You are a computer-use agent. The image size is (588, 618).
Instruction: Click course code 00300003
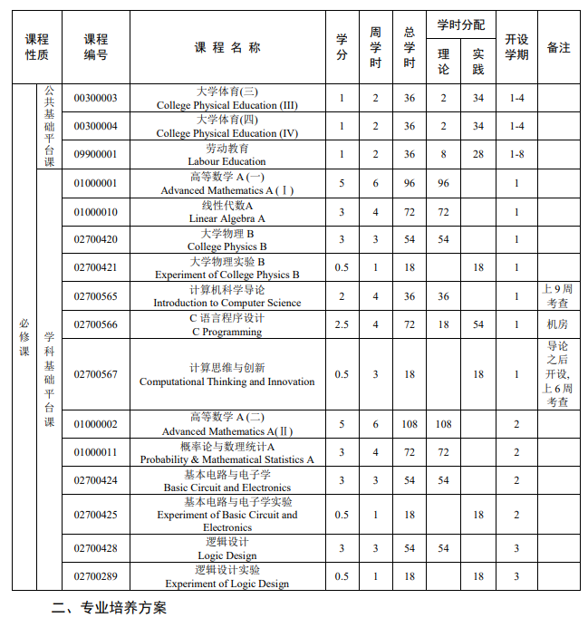pos(95,98)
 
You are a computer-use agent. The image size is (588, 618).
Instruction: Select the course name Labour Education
pos(227,155)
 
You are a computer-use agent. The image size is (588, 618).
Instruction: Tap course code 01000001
pos(95,183)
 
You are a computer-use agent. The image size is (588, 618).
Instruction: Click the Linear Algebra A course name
pos(227,212)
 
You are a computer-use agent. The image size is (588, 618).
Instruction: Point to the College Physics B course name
pos(227,240)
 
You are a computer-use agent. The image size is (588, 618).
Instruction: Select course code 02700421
pos(95,268)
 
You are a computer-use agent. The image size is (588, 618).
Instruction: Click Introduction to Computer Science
pos(227,296)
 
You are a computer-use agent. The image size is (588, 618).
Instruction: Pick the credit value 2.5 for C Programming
pos(342,324)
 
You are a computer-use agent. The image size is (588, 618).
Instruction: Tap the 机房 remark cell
pos(558,324)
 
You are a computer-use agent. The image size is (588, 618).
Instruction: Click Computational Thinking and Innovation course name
pos(227,374)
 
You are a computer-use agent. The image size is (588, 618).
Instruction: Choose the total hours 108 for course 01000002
pos(410,424)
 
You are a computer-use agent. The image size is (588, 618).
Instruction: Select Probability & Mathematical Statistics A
pos(227,453)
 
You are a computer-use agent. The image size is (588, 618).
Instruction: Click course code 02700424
pos(95,480)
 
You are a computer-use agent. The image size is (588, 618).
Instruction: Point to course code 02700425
pos(95,515)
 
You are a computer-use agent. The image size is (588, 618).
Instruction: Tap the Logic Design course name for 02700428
pos(227,549)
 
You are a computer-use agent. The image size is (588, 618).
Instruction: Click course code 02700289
pos(95,576)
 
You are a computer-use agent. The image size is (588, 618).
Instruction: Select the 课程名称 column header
pos(227,47)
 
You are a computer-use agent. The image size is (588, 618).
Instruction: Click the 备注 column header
pos(558,47)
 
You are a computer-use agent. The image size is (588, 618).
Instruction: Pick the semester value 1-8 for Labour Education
pos(516,155)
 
